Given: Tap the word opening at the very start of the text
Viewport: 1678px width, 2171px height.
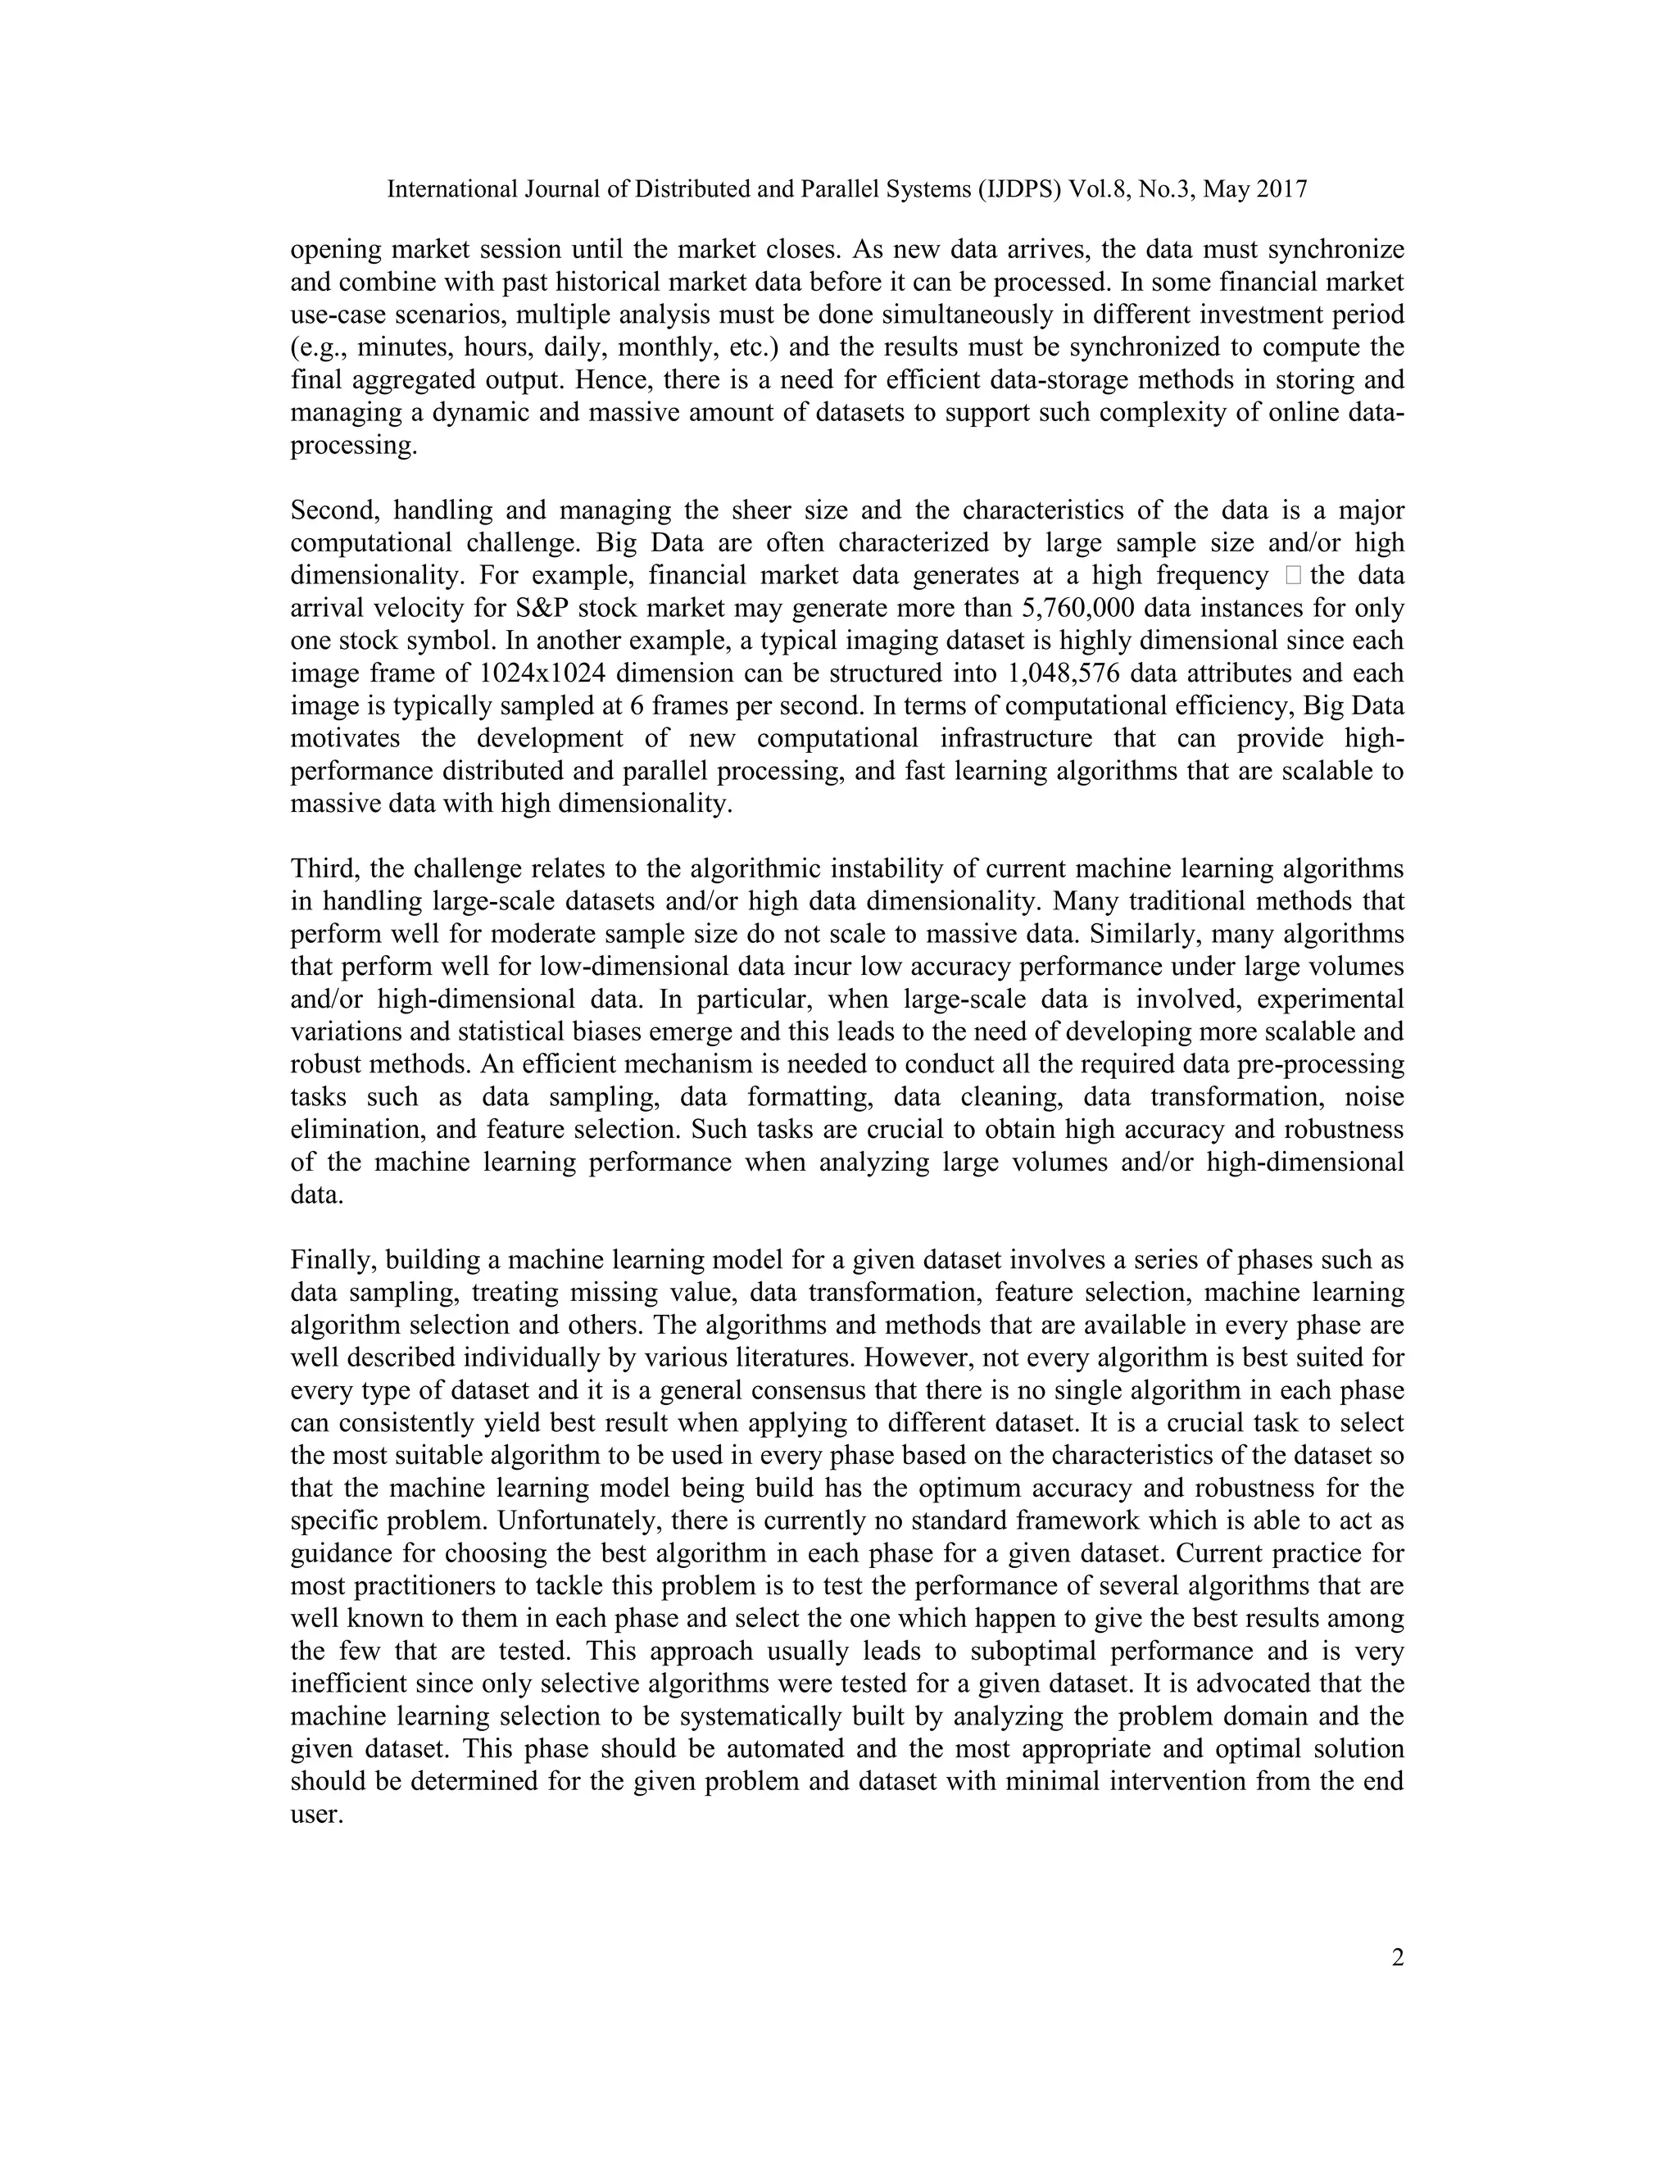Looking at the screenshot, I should pyautogui.click(x=334, y=251).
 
